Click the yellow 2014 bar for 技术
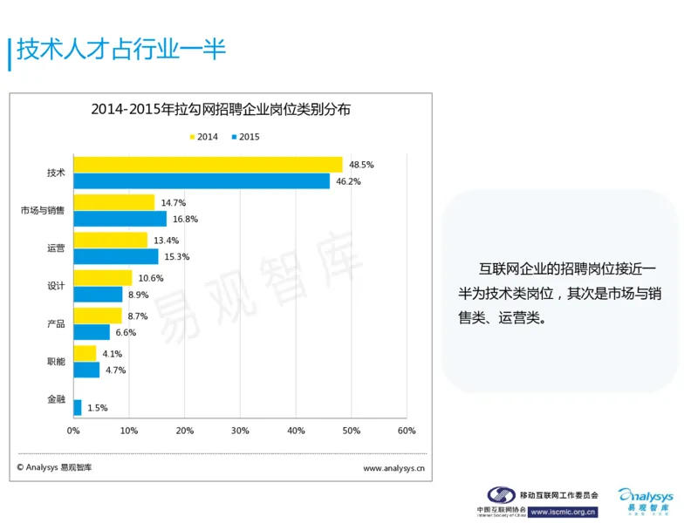pyautogui.click(x=208, y=165)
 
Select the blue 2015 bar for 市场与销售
pyautogui.click(x=120, y=219)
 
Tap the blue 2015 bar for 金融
pyautogui.click(x=78, y=407)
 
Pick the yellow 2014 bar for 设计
pyautogui.click(x=102, y=278)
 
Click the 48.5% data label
pyautogui.click(x=361, y=165)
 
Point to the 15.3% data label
pyautogui.click(x=177, y=256)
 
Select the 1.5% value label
pyautogui.click(x=98, y=408)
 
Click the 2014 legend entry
pyautogui.click(x=203, y=137)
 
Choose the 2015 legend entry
pyautogui.click(x=245, y=137)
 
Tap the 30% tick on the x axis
pyautogui.click(x=240, y=431)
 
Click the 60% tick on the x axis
pyautogui.click(x=407, y=431)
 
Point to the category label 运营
pyautogui.click(x=56, y=248)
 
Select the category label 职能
pyautogui.click(x=56, y=362)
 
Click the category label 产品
pyautogui.click(x=56, y=324)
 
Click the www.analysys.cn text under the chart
pyautogui.click(x=393, y=468)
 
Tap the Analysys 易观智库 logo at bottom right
pyautogui.click(x=647, y=500)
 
